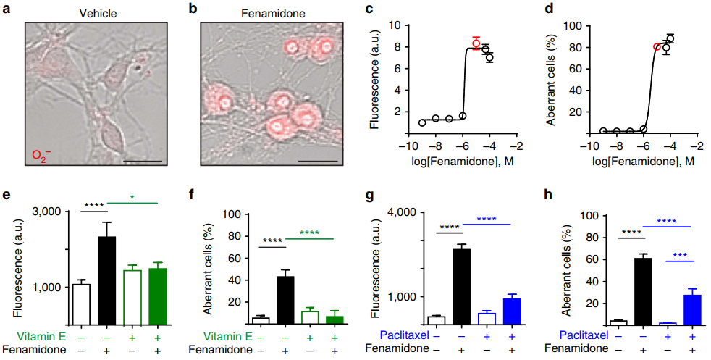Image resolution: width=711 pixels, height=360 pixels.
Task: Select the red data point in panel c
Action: [x=476, y=43]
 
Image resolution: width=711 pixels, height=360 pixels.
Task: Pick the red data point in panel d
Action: [x=657, y=47]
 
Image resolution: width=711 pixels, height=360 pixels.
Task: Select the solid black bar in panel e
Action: [x=107, y=280]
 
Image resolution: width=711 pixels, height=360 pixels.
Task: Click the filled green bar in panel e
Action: [x=158, y=296]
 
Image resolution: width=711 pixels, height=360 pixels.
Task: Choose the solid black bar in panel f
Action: [x=285, y=299]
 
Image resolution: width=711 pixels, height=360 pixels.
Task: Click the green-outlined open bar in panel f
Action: [x=310, y=317]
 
